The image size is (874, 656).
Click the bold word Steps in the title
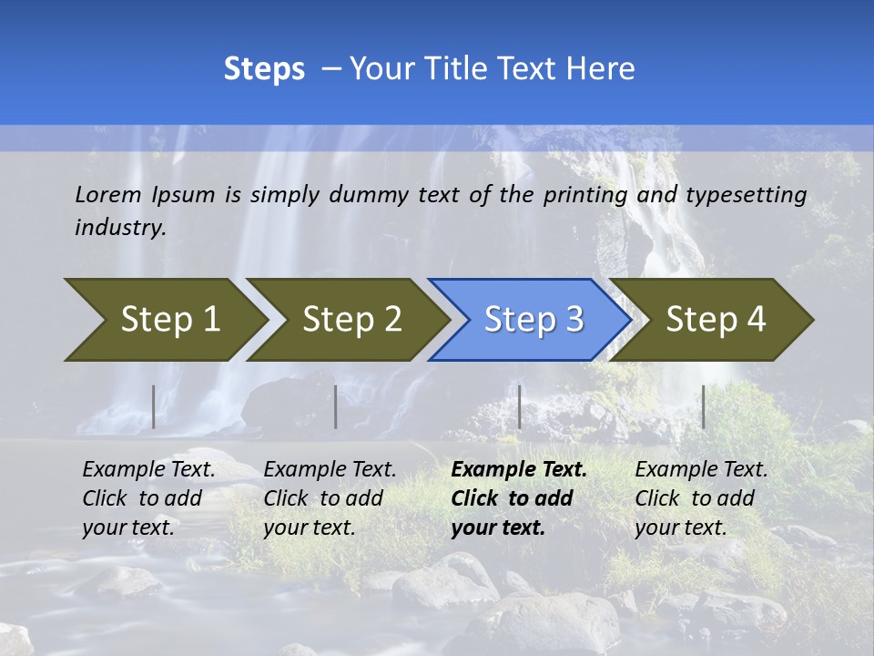pyautogui.click(x=264, y=69)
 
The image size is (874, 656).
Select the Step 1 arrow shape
pyautogui.click(x=164, y=320)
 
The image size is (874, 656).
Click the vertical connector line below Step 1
pyautogui.click(x=154, y=406)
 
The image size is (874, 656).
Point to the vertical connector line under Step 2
pyautogui.click(x=336, y=406)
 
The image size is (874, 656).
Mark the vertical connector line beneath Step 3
pyautogui.click(x=519, y=406)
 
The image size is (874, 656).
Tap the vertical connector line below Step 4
pyautogui.click(x=703, y=406)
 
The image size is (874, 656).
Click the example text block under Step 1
pyautogui.click(x=148, y=498)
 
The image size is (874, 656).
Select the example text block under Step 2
pyautogui.click(x=330, y=498)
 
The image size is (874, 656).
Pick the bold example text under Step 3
pyautogui.click(x=519, y=498)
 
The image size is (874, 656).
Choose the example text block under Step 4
pyautogui.click(x=701, y=498)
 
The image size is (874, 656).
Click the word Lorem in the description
pyautogui.click(x=108, y=194)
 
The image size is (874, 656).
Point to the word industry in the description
pyautogui.click(x=120, y=228)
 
